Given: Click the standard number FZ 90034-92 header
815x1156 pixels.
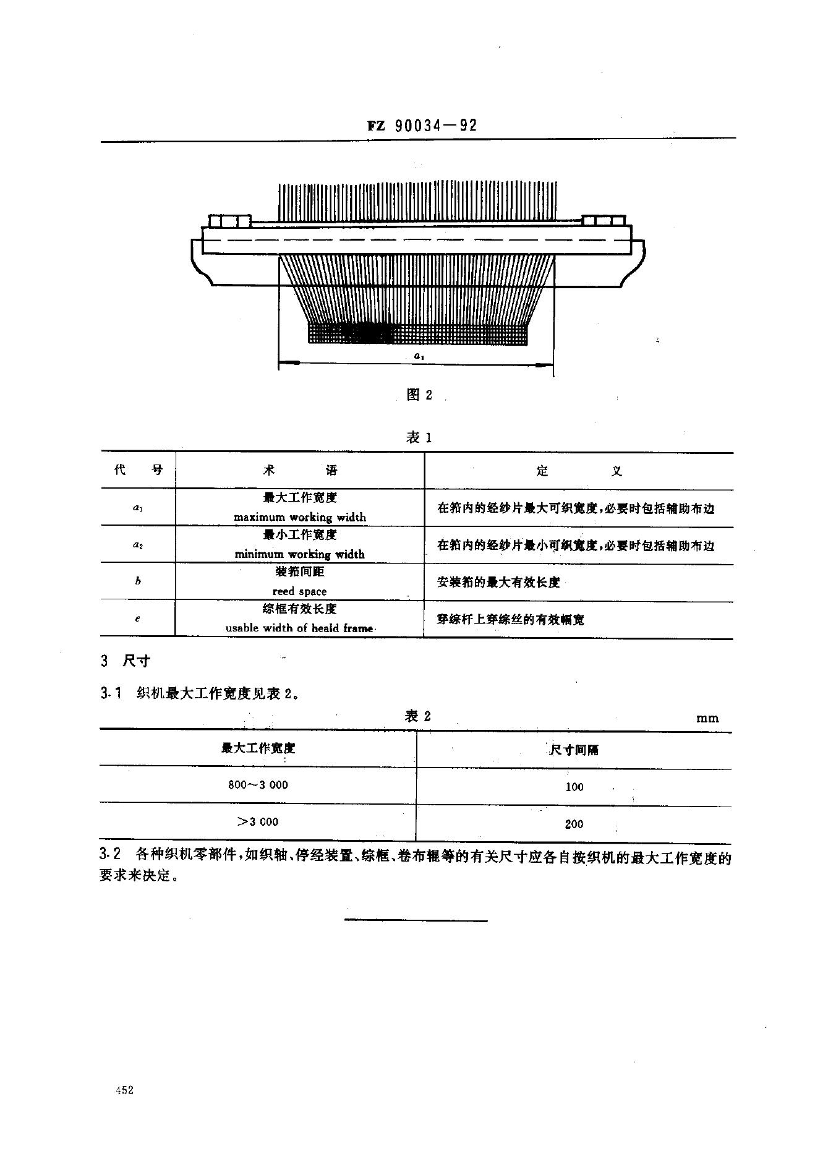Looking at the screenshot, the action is click(423, 126).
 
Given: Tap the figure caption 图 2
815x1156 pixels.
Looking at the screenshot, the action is click(419, 395).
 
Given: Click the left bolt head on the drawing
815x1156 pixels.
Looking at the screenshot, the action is click(230, 220).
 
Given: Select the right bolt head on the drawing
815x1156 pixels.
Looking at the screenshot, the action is click(604, 220).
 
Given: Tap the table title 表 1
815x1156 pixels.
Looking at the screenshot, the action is click(419, 438).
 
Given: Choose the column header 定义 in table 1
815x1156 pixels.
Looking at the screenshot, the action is click(579, 471).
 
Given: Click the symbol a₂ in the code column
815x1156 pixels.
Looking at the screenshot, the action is click(138, 545).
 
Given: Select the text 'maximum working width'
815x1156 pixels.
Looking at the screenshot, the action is click(300, 517).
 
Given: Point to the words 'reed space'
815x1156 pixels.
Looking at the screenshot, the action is click(299, 591).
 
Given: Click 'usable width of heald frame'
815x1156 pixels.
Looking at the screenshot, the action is click(299, 628).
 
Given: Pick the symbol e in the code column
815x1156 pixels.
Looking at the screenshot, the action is click(137, 618).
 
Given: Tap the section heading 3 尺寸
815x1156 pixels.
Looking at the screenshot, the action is click(126, 661).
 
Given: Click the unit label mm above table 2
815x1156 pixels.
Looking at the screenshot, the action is click(707, 718).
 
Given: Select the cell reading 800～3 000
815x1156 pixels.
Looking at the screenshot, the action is click(258, 785).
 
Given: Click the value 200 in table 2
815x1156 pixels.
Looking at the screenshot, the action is click(574, 824).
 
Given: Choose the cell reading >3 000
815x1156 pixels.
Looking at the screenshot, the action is click(258, 821).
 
